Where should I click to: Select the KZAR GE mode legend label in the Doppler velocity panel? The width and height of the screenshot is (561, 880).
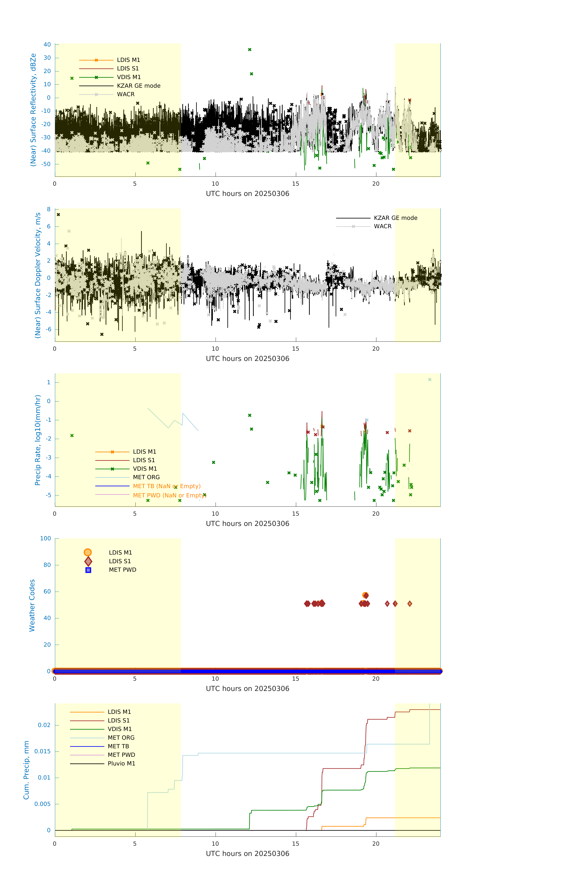pyautogui.click(x=395, y=218)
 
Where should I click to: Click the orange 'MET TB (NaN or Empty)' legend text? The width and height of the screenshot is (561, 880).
pyautogui.click(x=167, y=486)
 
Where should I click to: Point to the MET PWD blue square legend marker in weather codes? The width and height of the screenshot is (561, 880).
pyautogui.click(x=88, y=570)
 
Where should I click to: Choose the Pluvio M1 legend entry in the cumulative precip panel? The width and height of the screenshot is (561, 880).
pyautogui.click(x=121, y=763)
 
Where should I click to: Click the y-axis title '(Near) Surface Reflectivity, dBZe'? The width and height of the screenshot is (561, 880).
pyautogui.click(x=33, y=110)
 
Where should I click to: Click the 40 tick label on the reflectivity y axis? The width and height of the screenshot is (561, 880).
pyautogui.click(x=47, y=45)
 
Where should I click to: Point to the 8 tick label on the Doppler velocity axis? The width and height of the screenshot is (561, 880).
pyautogui.click(x=49, y=209)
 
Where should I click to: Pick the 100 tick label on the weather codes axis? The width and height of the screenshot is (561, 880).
pyautogui.click(x=46, y=538)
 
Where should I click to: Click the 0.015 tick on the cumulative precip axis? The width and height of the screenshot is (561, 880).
pyautogui.click(x=42, y=751)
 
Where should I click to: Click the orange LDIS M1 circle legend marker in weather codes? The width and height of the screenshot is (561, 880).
pyautogui.click(x=88, y=552)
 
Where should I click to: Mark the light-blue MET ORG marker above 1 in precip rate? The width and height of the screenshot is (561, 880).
pyautogui.click(x=430, y=380)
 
